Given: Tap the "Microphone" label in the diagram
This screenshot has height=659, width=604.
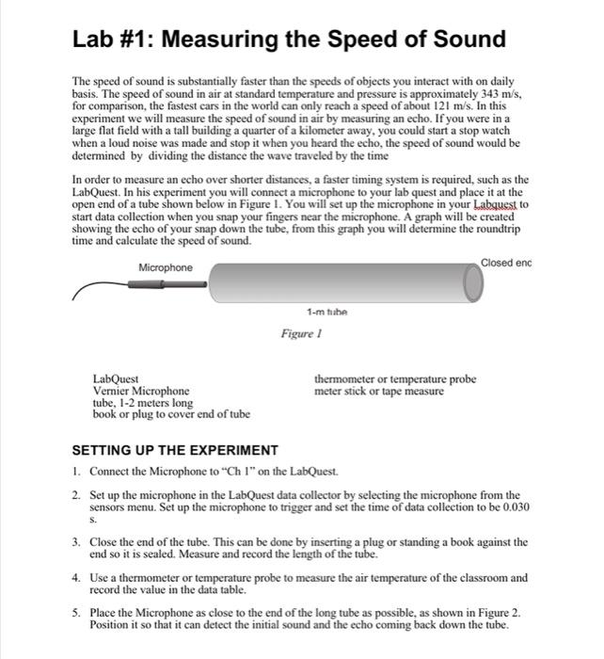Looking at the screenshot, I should coord(166,268).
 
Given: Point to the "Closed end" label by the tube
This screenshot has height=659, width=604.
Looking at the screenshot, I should coord(505,262).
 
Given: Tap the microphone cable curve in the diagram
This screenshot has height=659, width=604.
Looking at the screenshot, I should coord(108,286).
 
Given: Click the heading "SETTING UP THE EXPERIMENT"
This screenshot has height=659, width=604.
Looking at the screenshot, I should coord(175,450).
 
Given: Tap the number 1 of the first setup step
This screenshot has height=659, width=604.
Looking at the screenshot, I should coord(77,470).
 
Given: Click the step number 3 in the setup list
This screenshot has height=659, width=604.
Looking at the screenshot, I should coord(77,543).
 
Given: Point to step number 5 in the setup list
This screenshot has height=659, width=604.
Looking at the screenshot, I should coord(77,612).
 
